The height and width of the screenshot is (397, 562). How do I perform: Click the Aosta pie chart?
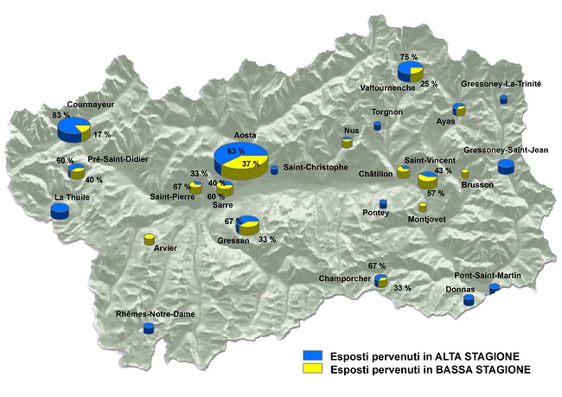click(239, 160)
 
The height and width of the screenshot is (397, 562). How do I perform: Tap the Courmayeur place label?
click(91, 103)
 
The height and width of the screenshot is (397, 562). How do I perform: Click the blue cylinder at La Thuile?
click(60, 211)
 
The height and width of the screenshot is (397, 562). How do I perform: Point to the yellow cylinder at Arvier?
click(149, 239)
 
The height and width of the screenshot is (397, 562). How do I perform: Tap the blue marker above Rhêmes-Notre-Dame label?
click(149, 328)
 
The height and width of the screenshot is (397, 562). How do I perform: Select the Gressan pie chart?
click(248, 225)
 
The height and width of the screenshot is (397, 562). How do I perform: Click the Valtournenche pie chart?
click(410, 70)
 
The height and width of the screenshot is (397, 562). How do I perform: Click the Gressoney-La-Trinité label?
click(501, 84)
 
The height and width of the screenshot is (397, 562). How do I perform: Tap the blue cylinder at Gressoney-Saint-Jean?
click(506, 167)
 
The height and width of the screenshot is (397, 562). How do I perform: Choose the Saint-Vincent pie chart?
click(428, 180)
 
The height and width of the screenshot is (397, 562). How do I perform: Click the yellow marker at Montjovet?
click(422, 207)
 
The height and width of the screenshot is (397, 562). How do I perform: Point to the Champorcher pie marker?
click(381, 280)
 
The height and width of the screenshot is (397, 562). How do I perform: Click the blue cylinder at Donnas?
click(469, 300)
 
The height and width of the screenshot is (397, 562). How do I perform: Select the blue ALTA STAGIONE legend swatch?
click(312, 355)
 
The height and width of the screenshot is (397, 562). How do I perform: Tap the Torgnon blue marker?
click(377, 125)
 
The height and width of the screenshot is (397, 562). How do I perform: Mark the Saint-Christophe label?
click(316, 167)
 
